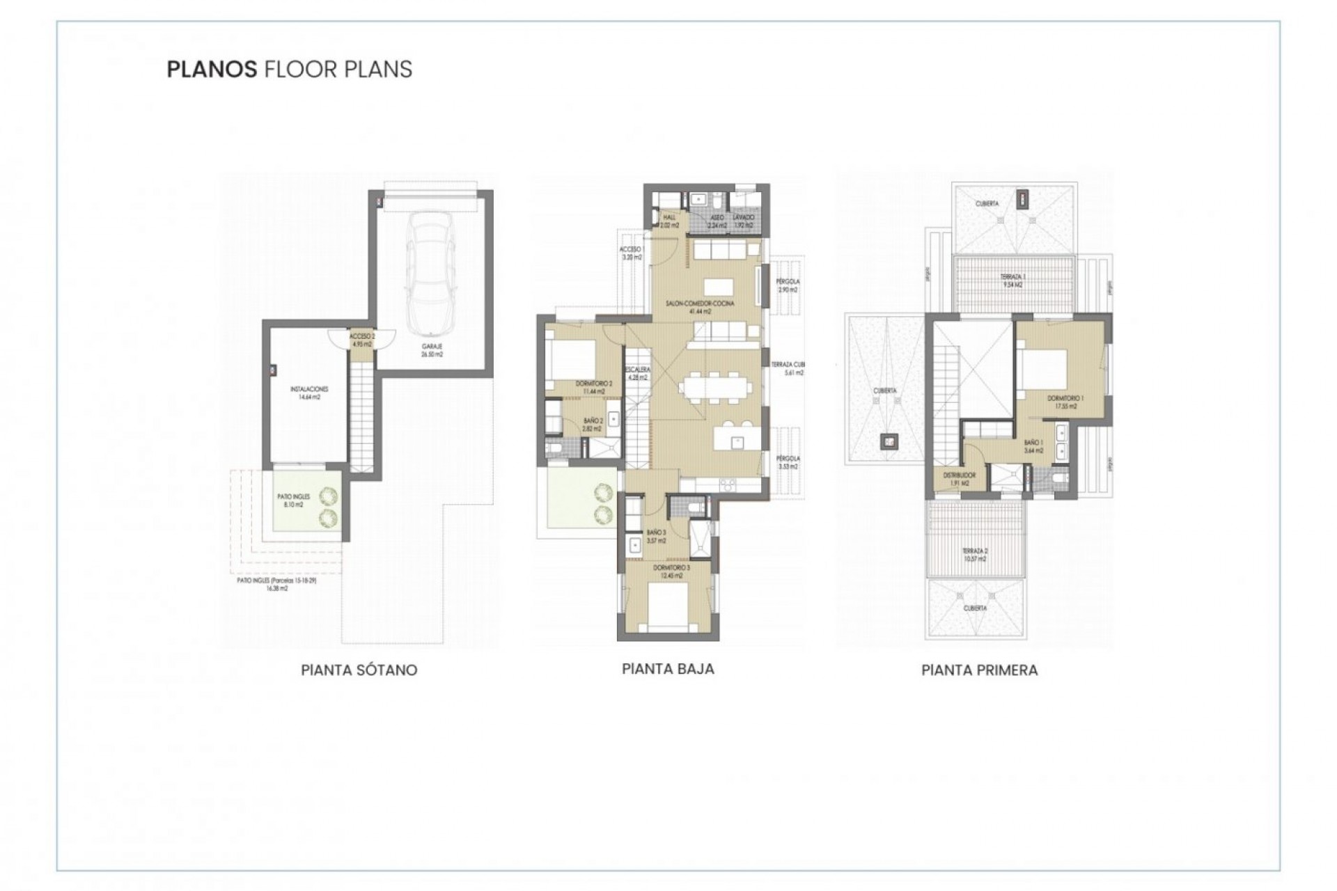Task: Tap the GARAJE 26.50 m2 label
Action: point(432,350)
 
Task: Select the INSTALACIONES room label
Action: point(309,393)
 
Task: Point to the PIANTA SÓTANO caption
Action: point(359,670)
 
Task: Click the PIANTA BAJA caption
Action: point(668,669)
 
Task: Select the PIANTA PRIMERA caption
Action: point(979,670)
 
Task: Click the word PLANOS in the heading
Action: point(210,70)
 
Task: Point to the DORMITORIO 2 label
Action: point(593,387)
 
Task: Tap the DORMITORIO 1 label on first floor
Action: point(1065,402)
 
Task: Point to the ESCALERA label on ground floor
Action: point(637,373)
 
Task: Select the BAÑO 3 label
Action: point(656,536)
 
